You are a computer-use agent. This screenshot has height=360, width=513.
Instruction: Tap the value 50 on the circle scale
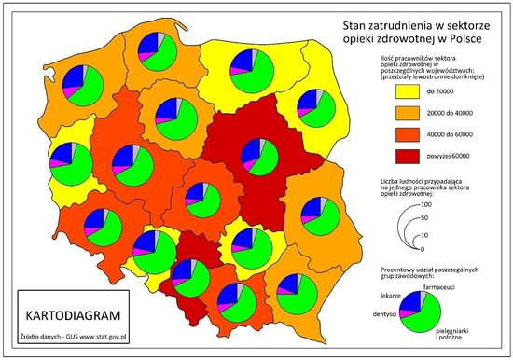coord(426,217)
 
